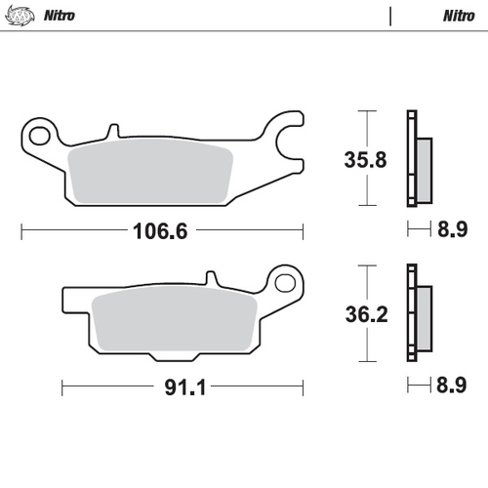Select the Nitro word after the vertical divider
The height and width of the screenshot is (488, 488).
[x=458, y=16]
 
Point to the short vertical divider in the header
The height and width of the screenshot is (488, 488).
[x=390, y=16]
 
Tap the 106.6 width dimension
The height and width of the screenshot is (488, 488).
[x=160, y=232]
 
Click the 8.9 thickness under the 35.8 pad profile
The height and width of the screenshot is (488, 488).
[x=452, y=232]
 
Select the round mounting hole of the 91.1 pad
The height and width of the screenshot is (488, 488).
[x=285, y=283]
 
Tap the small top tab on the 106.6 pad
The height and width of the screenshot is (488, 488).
[x=113, y=128]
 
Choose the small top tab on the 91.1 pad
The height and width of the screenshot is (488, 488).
[x=208, y=281]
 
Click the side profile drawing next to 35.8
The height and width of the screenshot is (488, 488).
[x=417, y=158]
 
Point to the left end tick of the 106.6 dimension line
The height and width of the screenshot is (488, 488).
[x=21, y=232]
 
